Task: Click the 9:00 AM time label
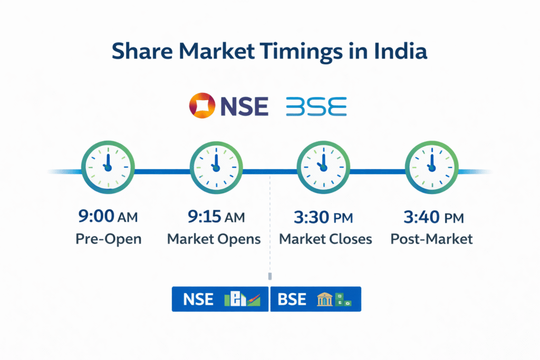pyautogui.click(x=108, y=217)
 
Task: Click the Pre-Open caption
pyautogui.click(x=108, y=239)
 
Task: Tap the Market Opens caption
pyautogui.click(x=214, y=239)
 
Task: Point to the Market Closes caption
pyautogui.click(x=325, y=239)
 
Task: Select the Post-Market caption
pyautogui.click(x=431, y=239)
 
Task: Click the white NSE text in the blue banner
pyautogui.click(x=198, y=299)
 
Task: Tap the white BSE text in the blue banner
pyautogui.click(x=292, y=299)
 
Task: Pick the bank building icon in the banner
pyautogui.click(x=324, y=299)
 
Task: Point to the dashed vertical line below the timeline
pyautogui.click(x=270, y=227)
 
